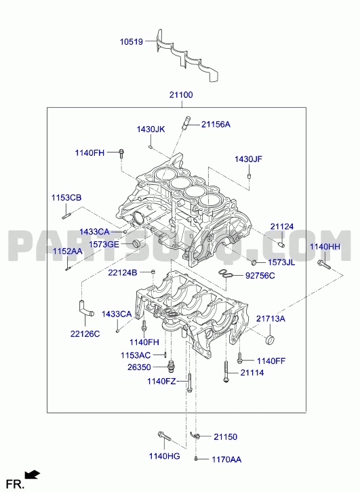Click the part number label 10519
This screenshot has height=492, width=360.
pyautogui.click(x=132, y=42)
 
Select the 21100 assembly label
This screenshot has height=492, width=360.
pyautogui.click(x=181, y=95)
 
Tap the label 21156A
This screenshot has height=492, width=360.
pyautogui.click(x=216, y=125)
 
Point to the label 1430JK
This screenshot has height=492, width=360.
pyautogui.click(x=151, y=129)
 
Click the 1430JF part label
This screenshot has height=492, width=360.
pyautogui.click(x=248, y=159)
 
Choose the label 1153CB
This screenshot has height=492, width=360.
pyautogui.click(x=66, y=198)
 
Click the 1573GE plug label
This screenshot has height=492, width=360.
pyautogui.click(x=104, y=244)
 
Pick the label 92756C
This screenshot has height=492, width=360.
pyautogui.click(x=260, y=276)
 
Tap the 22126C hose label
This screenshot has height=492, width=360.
pyautogui.click(x=85, y=334)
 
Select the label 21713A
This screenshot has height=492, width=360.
pyautogui.click(x=271, y=319)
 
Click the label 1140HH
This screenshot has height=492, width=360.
pyautogui.click(x=325, y=247)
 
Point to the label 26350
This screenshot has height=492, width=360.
pyautogui.click(x=139, y=367)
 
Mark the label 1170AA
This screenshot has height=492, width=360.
pyautogui.click(x=226, y=459)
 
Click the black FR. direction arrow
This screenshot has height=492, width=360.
pyautogui.click(x=33, y=474)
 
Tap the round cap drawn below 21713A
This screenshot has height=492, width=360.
pyautogui.click(x=270, y=340)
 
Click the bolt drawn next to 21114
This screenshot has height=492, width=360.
pyautogui.click(x=226, y=371)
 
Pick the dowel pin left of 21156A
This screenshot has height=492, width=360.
pyautogui.click(x=186, y=123)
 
